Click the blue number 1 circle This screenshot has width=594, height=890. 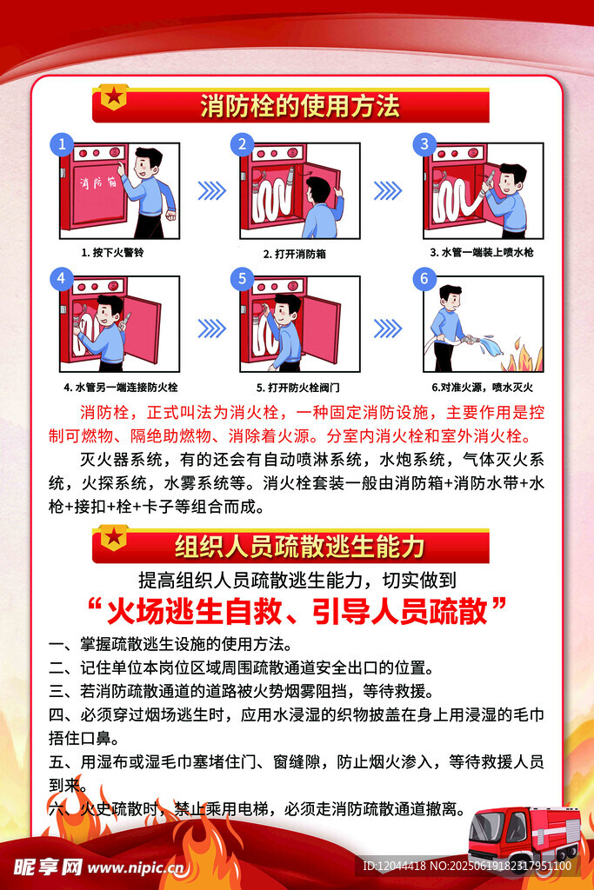(x=62, y=144)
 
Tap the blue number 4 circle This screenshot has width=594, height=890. (x=62, y=278)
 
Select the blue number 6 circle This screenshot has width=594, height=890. (x=424, y=279)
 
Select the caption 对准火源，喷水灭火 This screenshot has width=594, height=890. (x=482, y=387)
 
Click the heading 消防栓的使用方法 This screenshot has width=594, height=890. (x=300, y=106)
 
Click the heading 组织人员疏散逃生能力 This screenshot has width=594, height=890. (x=300, y=547)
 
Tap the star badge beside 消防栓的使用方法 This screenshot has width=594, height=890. (x=114, y=96)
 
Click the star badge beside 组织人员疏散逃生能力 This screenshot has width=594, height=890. (x=114, y=537)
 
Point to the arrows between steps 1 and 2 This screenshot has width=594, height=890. (x=212, y=190)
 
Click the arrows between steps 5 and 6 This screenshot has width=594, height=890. (x=388, y=328)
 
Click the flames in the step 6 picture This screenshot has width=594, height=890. (x=524, y=355)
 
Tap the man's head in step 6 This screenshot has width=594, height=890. (x=451, y=296)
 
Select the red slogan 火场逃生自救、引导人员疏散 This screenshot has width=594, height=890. (x=297, y=611)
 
